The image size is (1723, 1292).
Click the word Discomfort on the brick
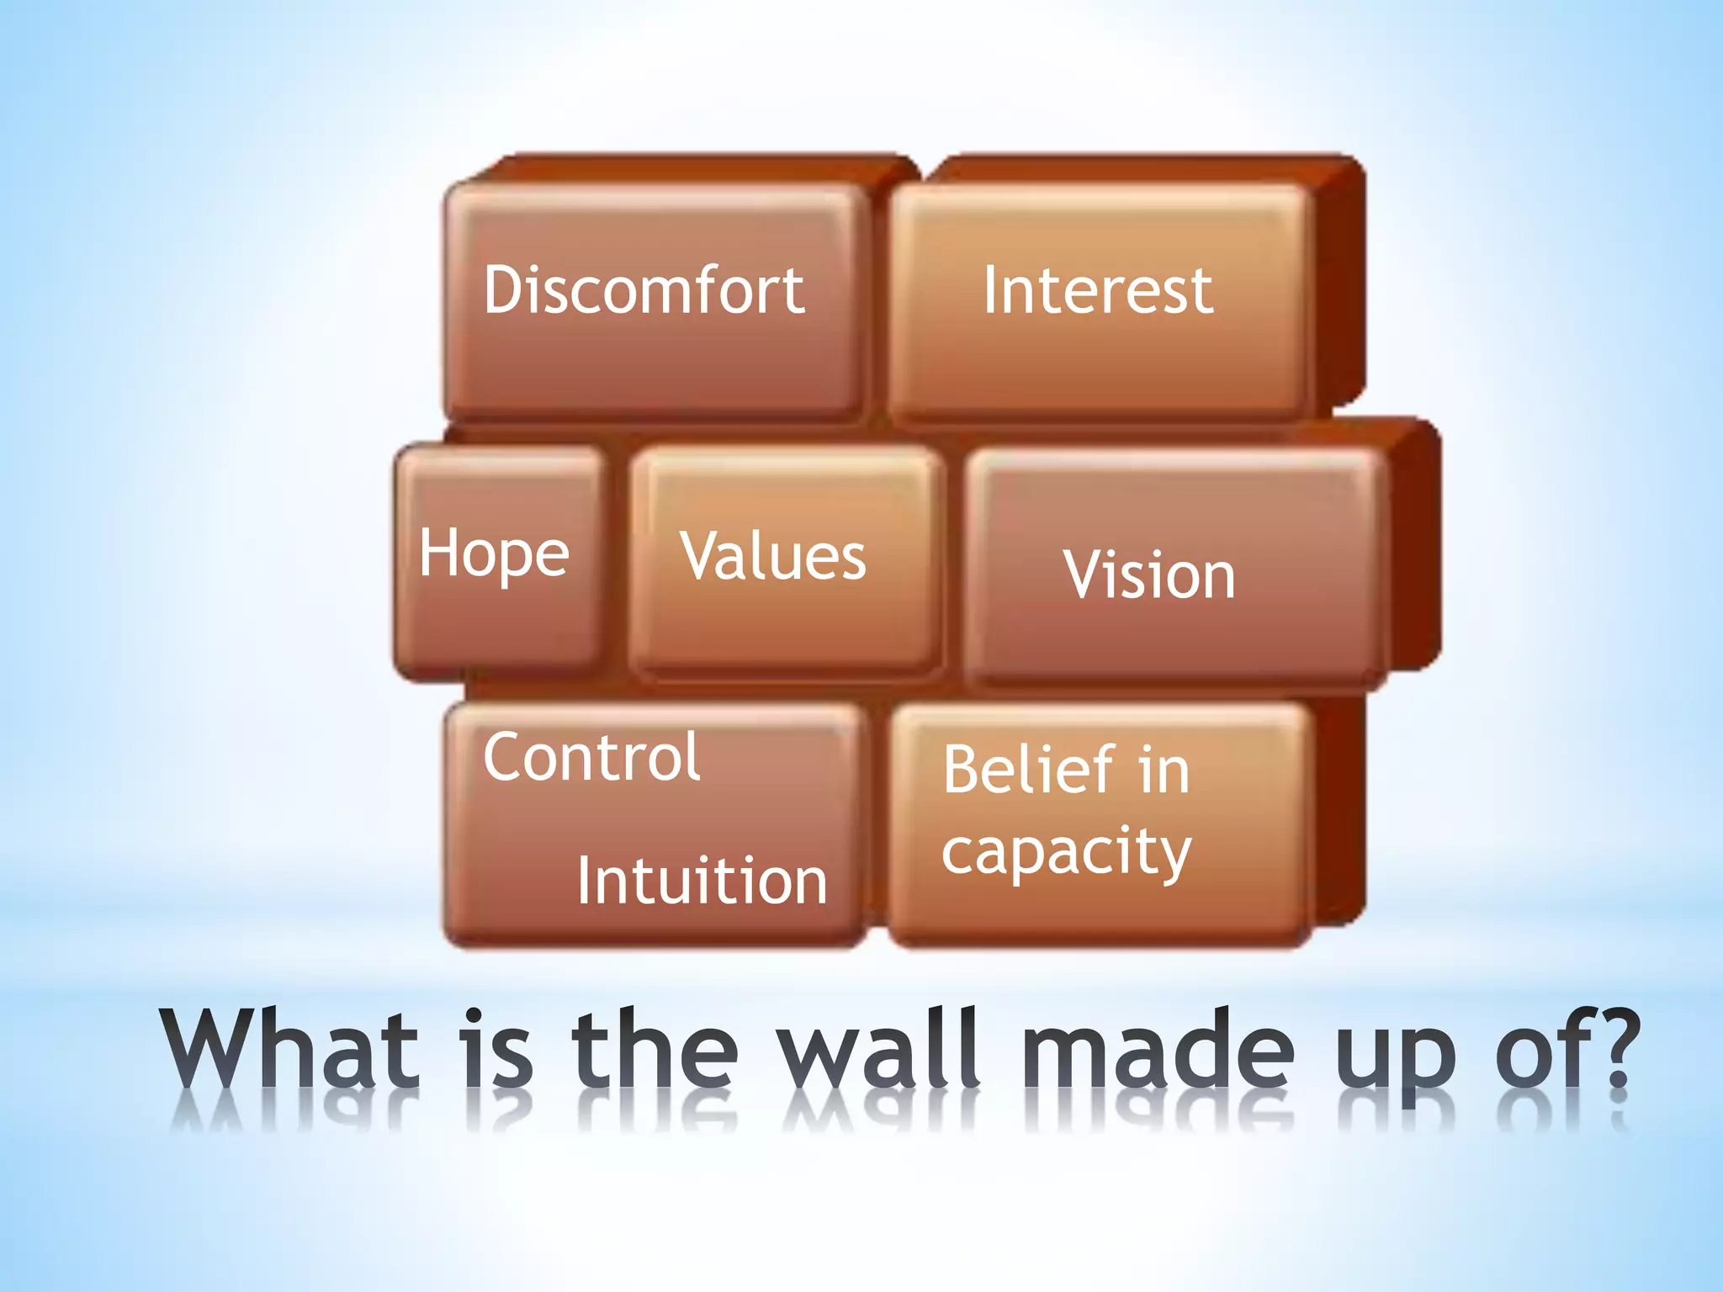click(644, 290)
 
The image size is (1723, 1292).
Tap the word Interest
click(1098, 290)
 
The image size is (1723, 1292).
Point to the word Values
click(772, 557)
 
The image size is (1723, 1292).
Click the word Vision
click(1149, 575)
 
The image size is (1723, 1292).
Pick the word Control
click(591, 757)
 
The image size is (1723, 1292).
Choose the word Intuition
click(702, 881)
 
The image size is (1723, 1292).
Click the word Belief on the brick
click(1028, 770)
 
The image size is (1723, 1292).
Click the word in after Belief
click(1164, 770)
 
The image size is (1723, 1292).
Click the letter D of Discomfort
click(508, 290)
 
